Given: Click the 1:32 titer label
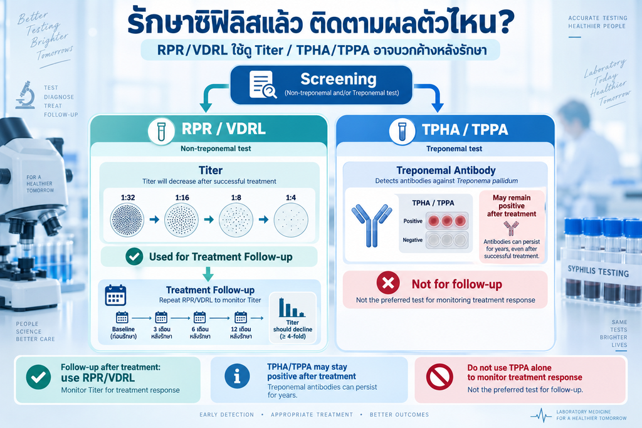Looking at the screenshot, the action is pos(128,197).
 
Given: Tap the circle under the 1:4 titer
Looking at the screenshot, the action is pos(291,220).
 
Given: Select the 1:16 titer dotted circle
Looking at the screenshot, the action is pos(181,220).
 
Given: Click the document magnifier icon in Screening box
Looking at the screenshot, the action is pos(263,85).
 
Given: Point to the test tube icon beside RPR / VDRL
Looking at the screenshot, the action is pos(161,132).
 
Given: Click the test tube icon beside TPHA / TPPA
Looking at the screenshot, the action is pos(402,132).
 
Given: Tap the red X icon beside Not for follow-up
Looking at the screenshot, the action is pos(388,283).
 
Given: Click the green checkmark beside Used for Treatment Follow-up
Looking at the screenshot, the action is pos(134,256).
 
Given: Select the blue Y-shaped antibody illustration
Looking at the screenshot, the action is pos(372,226).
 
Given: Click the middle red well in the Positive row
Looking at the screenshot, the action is pos(446,221).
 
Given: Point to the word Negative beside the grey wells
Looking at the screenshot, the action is pos(413,240).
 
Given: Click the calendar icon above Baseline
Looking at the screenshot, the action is pos(122,318).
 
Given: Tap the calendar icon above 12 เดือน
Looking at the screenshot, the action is pos(240,318).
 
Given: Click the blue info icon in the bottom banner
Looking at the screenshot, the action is pos(237,376).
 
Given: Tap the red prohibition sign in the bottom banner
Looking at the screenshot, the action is pos(439,377).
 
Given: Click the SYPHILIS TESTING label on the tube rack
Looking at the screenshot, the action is pos(598,271).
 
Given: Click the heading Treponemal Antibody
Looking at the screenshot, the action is pos(446,170).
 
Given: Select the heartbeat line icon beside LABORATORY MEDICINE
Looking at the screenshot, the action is pos(541,415).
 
